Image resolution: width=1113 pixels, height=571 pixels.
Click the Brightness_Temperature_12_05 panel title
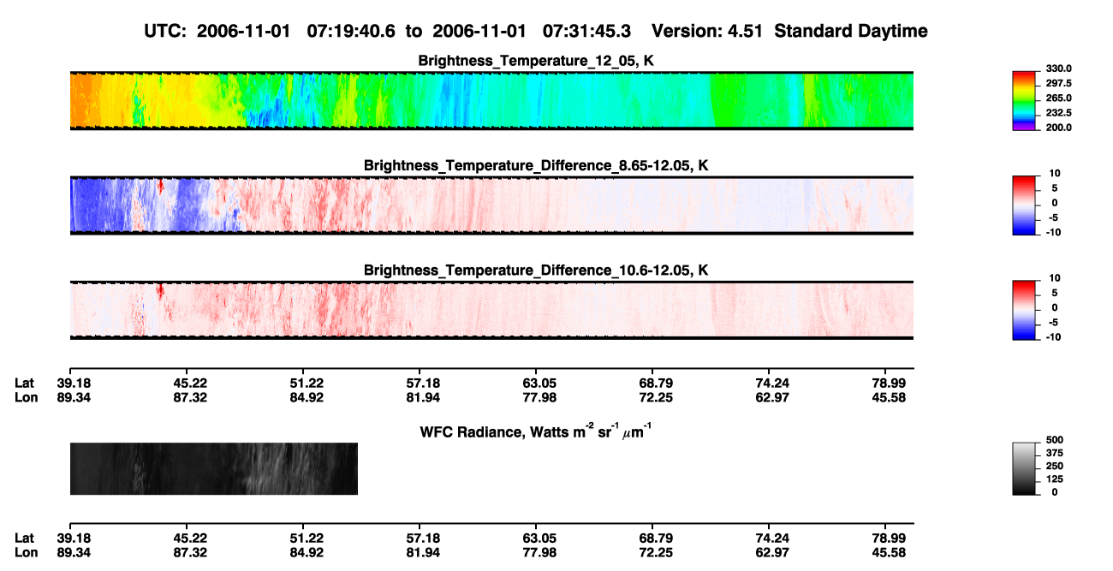[536, 61]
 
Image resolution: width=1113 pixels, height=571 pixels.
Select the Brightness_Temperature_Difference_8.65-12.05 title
[536, 165]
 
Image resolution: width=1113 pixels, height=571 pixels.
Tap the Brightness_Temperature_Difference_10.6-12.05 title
[536, 271]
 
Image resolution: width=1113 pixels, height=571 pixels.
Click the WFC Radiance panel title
[536, 431]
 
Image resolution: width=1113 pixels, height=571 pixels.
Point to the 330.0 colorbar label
[1058, 68]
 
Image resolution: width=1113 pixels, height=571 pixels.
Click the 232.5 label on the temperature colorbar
[1058, 113]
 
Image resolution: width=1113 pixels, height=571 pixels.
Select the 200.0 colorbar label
[1058, 128]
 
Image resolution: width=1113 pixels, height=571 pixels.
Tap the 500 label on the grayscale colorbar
[1055, 440]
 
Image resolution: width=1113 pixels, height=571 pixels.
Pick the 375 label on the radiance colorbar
[1055, 453]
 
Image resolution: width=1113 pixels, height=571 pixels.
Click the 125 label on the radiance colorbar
[1055, 479]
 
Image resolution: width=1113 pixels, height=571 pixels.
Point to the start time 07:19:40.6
[351, 31]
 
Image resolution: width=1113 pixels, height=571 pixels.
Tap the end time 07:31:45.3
[586, 31]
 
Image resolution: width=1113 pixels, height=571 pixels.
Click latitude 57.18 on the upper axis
[423, 384]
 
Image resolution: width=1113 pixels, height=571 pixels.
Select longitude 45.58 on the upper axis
[889, 397]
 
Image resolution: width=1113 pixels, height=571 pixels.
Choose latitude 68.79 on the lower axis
[656, 538]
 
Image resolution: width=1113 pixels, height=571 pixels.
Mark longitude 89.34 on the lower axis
[74, 553]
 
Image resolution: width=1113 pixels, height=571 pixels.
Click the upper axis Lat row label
[24, 384]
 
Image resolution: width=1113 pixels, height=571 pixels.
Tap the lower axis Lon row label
[26, 553]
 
